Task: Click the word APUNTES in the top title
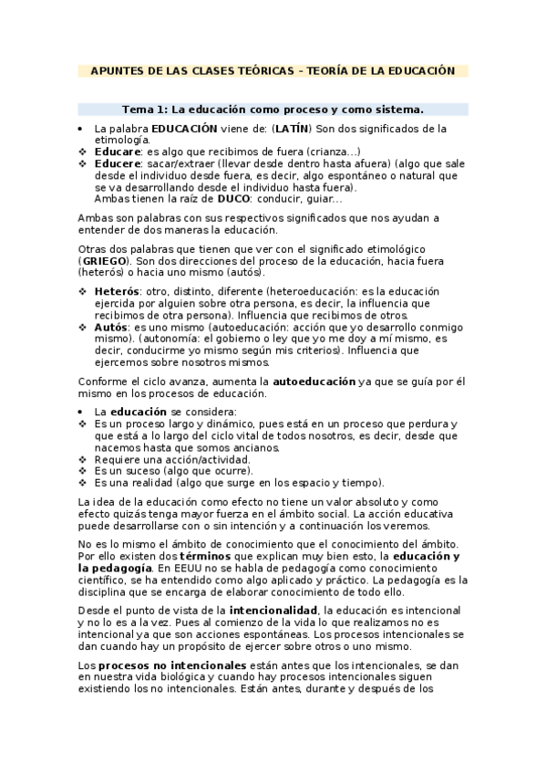(x=118, y=70)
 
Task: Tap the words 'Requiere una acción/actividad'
(x=160, y=459)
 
